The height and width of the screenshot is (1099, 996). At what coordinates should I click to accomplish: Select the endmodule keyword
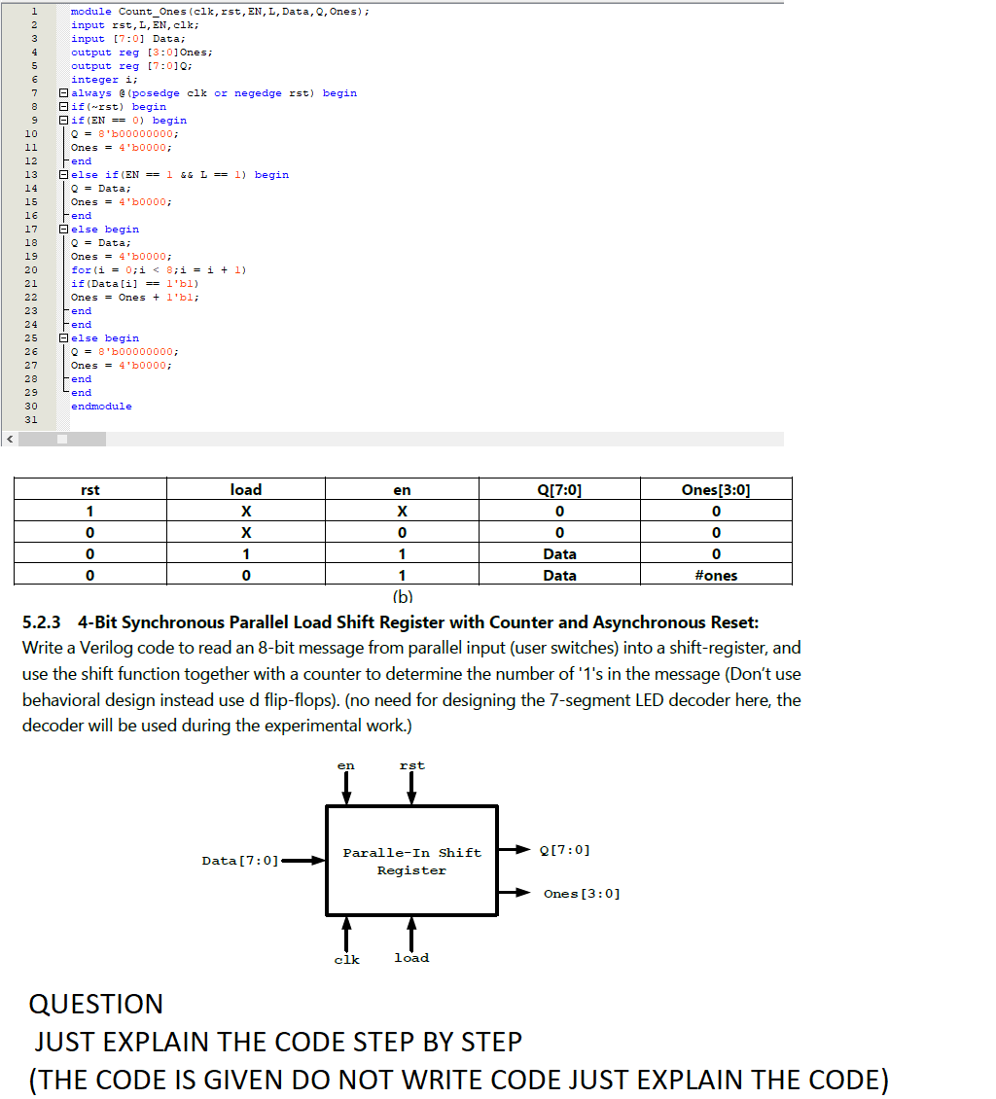[101, 407]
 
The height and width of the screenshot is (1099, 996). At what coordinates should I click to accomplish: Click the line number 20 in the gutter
[30, 270]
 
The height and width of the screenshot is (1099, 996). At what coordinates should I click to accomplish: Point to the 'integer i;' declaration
[95, 80]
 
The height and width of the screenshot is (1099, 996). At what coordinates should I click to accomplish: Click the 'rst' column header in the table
[90, 490]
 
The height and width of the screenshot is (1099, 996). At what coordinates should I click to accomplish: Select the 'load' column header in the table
[246, 490]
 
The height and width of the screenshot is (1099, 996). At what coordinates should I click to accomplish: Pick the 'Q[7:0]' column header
[559, 490]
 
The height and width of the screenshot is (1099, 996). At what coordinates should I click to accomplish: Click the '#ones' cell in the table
[716, 576]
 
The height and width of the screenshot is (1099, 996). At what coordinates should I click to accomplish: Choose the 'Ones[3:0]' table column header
[716, 490]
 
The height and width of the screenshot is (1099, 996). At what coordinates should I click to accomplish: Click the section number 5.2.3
[42, 622]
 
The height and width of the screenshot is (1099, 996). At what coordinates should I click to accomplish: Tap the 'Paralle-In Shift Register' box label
[411, 862]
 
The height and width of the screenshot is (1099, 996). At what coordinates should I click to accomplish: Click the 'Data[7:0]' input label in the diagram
[240, 861]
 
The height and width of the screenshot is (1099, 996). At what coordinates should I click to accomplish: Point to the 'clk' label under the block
[346, 960]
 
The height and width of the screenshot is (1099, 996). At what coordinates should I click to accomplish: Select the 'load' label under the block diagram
[411, 958]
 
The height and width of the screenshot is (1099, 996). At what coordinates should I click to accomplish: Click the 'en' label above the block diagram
[345, 766]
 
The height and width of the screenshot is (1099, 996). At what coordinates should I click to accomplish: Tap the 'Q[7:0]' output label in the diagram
[563, 851]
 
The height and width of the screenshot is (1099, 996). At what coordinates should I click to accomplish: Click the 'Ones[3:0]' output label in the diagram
[582, 894]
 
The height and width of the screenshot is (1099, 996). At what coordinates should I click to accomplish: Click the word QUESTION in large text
[96, 1005]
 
